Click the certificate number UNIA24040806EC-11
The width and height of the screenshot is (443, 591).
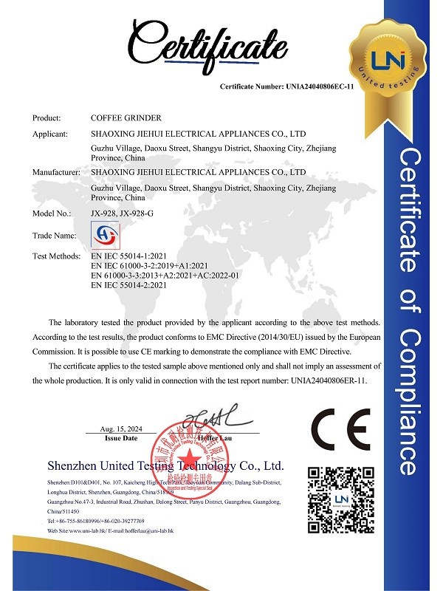(287, 87)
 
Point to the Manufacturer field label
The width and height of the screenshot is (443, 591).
(56, 171)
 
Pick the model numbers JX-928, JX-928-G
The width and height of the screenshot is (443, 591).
(126, 213)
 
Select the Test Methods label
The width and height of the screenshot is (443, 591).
(56, 256)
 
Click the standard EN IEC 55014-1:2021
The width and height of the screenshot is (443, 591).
(134, 256)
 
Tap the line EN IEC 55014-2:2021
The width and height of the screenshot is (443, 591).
(134, 284)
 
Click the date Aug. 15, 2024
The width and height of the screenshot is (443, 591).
(122, 428)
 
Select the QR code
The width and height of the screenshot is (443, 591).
(340, 498)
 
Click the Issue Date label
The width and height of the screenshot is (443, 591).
(122, 438)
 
